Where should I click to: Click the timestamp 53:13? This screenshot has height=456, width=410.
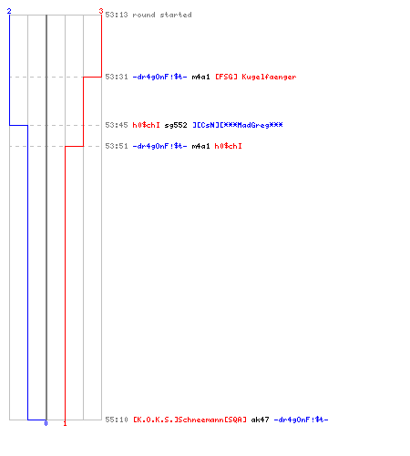pyautogui.click(x=117, y=15)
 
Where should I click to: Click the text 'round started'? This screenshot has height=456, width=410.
pyautogui.click(x=162, y=15)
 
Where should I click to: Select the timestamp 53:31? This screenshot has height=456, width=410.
pyautogui.click(x=117, y=77)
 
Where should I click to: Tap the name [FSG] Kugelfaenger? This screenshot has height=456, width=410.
pyautogui.click(x=256, y=78)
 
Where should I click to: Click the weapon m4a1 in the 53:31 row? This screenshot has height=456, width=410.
pyautogui.click(x=200, y=77)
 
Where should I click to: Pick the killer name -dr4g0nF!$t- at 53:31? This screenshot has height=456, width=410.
pyautogui.click(x=159, y=77)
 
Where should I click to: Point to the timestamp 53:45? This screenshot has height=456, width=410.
pyautogui.click(x=117, y=125)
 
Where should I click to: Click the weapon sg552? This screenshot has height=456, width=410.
pyautogui.click(x=176, y=126)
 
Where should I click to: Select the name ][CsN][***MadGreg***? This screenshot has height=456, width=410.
pyautogui.click(x=238, y=125)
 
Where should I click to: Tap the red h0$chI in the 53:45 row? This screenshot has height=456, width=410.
pyautogui.click(x=147, y=125)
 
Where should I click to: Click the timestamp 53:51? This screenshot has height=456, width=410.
pyautogui.click(x=117, y=146)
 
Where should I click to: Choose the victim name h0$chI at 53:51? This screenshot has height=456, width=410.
pyautogui.click(x=229, y=146)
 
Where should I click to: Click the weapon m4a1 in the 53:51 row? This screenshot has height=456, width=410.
pyautogui.click(x=200, y=146)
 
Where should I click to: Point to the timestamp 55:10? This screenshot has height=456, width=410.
pyautogui.click(x=117, y=420)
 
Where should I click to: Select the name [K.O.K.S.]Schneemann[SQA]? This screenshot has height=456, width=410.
pyautogui.click(x=190, y=420)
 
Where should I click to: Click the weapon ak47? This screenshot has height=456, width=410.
pyautogui.click(x=260, y=420)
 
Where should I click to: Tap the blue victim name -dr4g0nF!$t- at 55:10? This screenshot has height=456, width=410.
pyautogui.click(x=301, y=420)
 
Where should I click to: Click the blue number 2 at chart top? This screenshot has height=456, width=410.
pyautogui.click(x=9, y=11)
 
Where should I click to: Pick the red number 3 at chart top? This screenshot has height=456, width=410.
pyautogui.click(x=101, y=11)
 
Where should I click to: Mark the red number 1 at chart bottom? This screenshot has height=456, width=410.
pyautogui.click(x=65, y=423)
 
